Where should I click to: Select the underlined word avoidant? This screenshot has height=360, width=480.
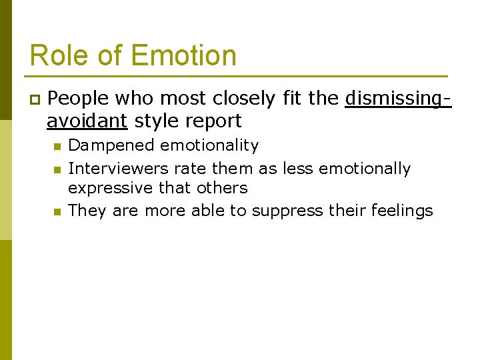click(87, 121)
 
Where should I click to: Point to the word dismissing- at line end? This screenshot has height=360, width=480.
click(398, 99)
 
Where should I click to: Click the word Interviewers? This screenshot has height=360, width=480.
click(119, 169)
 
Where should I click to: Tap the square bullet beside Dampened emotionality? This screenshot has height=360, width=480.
click(57, 146)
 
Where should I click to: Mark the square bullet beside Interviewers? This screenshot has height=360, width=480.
click(57, 169)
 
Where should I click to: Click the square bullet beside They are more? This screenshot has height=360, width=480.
click(57, 212)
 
